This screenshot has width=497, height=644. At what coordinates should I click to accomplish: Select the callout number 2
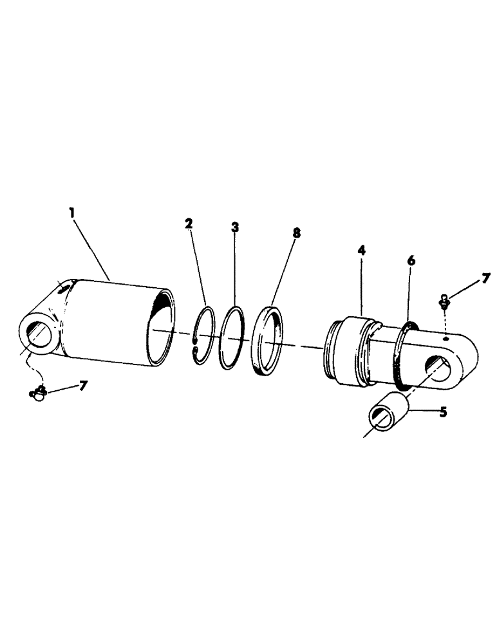(189, 223)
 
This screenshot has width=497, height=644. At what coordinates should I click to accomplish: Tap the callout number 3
(235, 227)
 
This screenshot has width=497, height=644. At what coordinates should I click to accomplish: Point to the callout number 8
(296, 232)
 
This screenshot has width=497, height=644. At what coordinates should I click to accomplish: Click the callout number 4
(361, 249)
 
